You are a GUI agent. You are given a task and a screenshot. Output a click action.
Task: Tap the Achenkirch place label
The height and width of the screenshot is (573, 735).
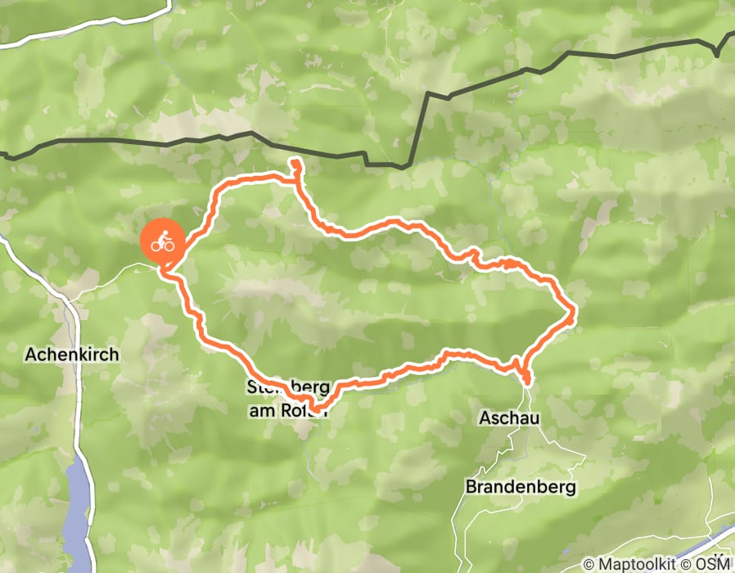pos(72,354)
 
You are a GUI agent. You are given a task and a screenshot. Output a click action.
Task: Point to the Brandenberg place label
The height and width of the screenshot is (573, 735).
pos(521,486)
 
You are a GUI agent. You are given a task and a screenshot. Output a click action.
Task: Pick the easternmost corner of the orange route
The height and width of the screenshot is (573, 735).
pos(575,310)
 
